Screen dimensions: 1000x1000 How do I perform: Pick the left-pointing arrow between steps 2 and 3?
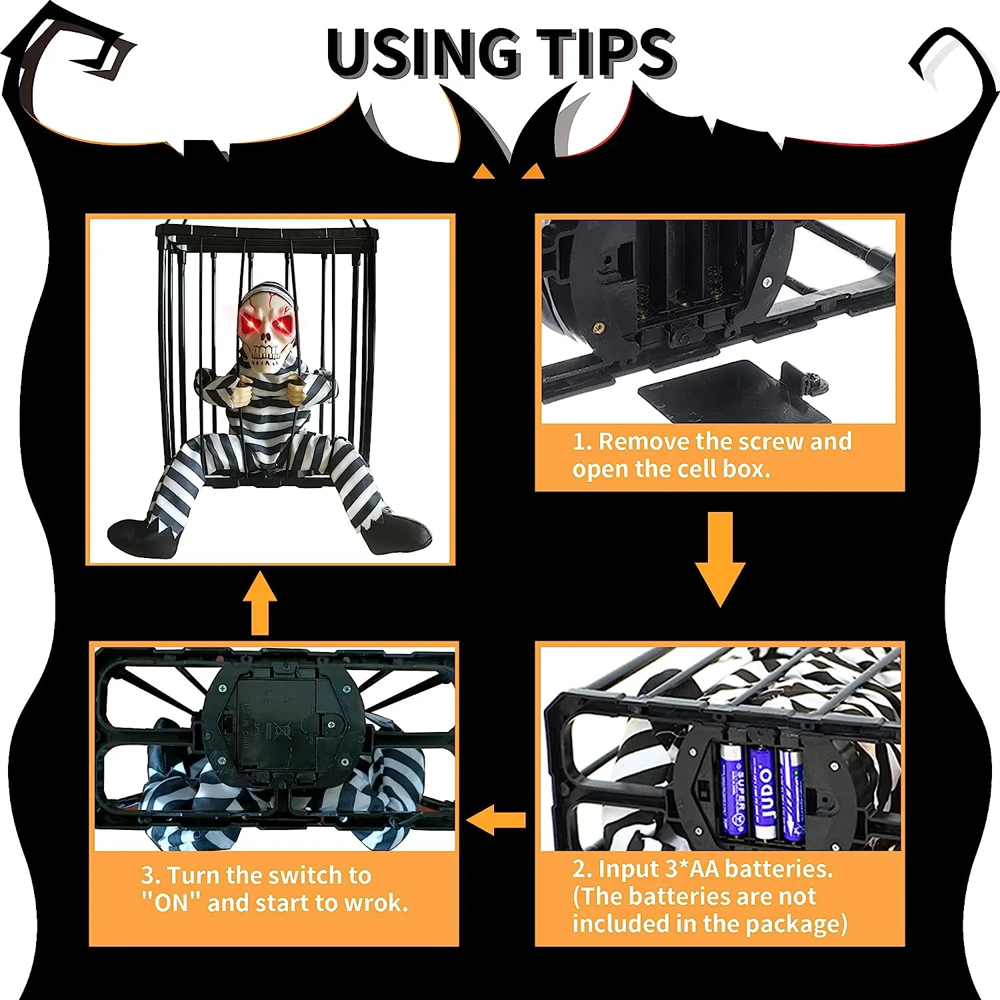pos(496,820)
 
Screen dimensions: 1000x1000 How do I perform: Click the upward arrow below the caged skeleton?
pos(259,603)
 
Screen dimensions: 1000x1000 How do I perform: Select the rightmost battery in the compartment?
pos(791,793)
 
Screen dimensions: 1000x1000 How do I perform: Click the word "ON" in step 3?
pos(171,903)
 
